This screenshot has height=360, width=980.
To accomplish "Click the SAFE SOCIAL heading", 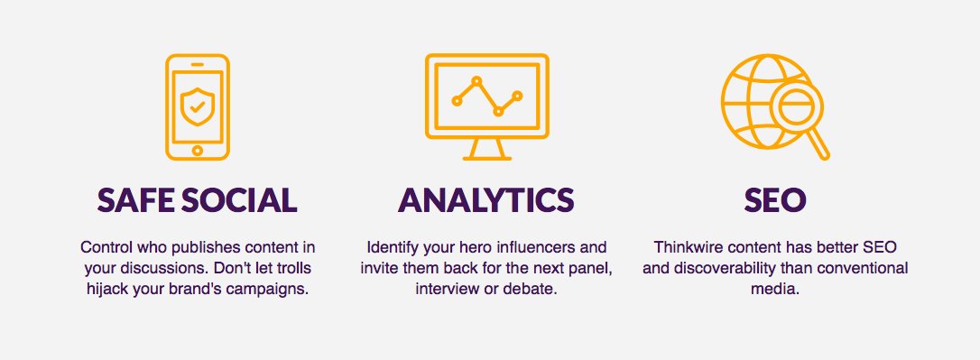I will click(x=197, y=200).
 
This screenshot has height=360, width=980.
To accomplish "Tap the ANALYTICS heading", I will click(x=486, y=200).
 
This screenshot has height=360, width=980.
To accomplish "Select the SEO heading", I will click(x=775, y=200).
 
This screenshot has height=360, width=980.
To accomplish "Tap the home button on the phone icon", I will click(x=197, y=151).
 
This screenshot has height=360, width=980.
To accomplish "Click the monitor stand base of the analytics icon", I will click(x=486, y=157).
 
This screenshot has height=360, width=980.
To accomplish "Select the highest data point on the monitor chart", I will click(x=477, y=81).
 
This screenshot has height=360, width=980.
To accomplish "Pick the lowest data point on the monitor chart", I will click(x=498, y=112).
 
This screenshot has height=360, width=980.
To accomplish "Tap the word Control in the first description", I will click(x=104, y=247).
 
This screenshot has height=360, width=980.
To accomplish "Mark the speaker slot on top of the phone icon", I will click(x=197, y=67).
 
